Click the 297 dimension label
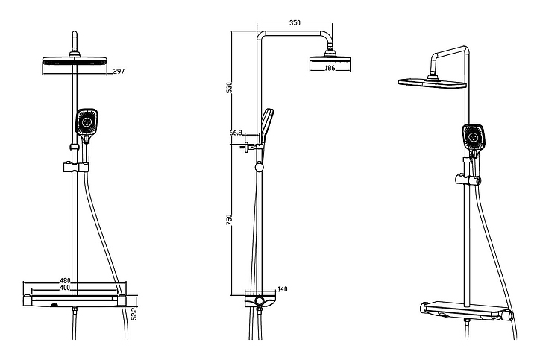pos(119,71)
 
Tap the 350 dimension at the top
pos(295,23)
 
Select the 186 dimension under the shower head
pos(330,68)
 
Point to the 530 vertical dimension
pos(230,88)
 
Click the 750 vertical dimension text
pos(230,219)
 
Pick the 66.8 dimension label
pos(236,133)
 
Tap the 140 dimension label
pos(282,289)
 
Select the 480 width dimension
pos(65,281)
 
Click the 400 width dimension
pos(65,288)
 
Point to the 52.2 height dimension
pos(134,313)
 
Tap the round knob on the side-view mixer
pos(260,301)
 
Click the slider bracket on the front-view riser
pos(76,168)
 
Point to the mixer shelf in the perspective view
pos(466,311)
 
